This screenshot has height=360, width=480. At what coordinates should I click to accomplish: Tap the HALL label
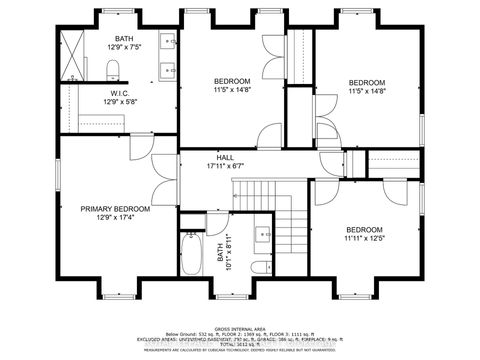tap(226, 158)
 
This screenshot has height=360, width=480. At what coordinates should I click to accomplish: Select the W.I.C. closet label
tap(121, 93)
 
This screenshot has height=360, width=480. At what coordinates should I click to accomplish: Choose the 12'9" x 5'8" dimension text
tap(121, 102)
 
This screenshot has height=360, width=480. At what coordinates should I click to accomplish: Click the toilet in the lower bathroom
tap(258, 267)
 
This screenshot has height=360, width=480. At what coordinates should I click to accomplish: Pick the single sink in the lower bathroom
tap(263, 234)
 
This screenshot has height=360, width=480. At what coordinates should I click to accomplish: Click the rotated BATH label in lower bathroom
tap(220, 258)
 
